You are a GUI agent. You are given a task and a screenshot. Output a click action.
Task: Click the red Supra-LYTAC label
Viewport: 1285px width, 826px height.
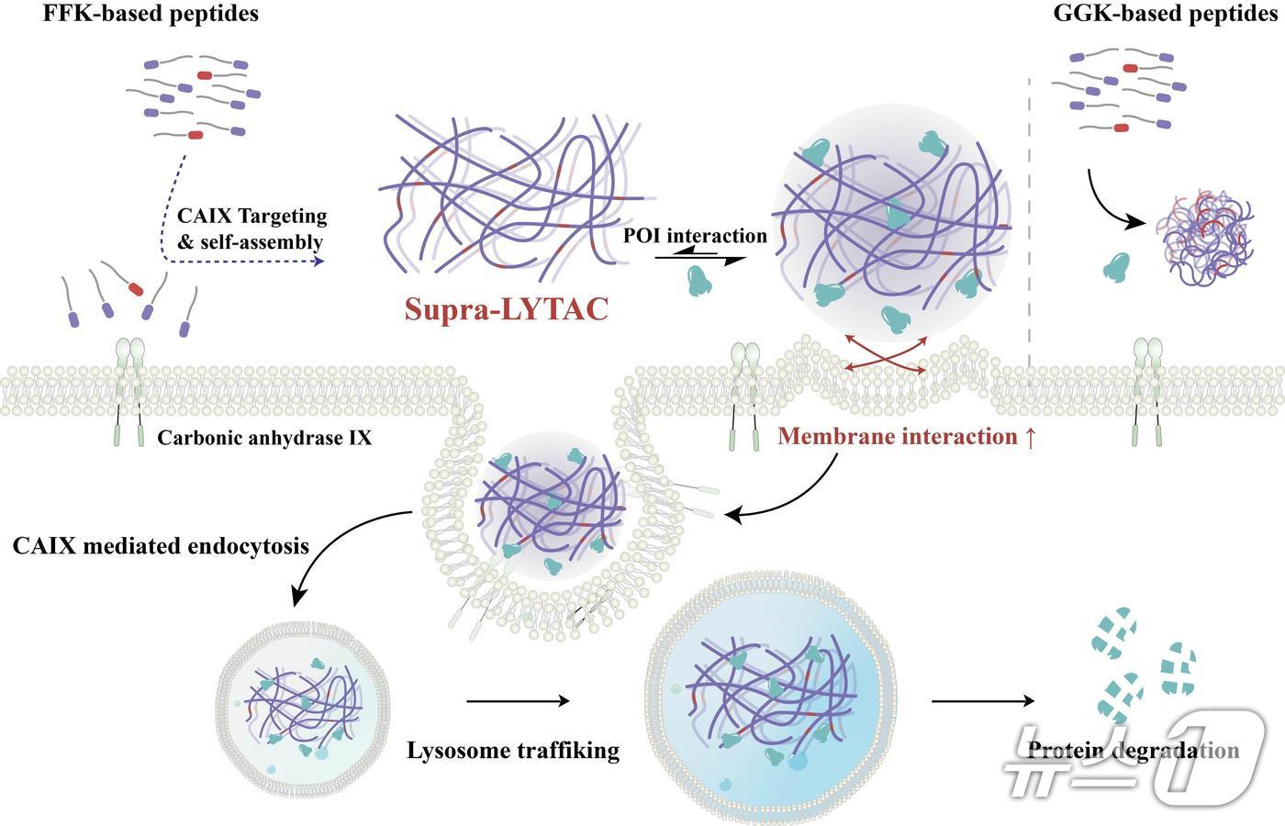click(x=506, y=308)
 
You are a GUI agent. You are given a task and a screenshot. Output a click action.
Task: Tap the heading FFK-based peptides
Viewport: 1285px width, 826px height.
click(x=151, y=14)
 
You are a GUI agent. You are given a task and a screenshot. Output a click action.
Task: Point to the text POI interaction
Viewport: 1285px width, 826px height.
click(x=695, y=236)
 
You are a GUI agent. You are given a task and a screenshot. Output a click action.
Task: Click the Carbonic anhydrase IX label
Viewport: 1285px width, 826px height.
click(x=264, y=438)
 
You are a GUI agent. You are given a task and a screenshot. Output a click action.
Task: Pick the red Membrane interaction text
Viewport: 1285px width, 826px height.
click(x=907, y=437)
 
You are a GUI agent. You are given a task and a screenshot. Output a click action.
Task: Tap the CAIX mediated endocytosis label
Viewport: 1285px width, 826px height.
click(x=162, y=547)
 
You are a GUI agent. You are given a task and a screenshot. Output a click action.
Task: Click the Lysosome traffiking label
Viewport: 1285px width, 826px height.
click(x=513, y=751)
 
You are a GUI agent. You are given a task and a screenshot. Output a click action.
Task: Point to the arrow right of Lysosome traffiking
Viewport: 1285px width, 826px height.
click(x=518, y=702)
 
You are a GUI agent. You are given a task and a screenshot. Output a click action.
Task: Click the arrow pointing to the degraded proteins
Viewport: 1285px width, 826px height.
click(x=982, y=702)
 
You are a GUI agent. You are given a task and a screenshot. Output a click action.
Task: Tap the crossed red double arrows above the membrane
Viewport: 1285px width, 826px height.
click(x=885, y=354)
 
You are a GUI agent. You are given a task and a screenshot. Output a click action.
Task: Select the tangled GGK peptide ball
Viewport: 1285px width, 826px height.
click(x=1201, y=234)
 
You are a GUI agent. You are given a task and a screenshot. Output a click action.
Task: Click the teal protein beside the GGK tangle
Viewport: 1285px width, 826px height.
click(x=1115, y=266)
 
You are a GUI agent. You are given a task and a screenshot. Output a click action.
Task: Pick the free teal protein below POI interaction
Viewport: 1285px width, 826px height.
click(x=705, y=280)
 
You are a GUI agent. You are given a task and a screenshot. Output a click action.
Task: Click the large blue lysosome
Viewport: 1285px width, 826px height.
click(x=769, y=698)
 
